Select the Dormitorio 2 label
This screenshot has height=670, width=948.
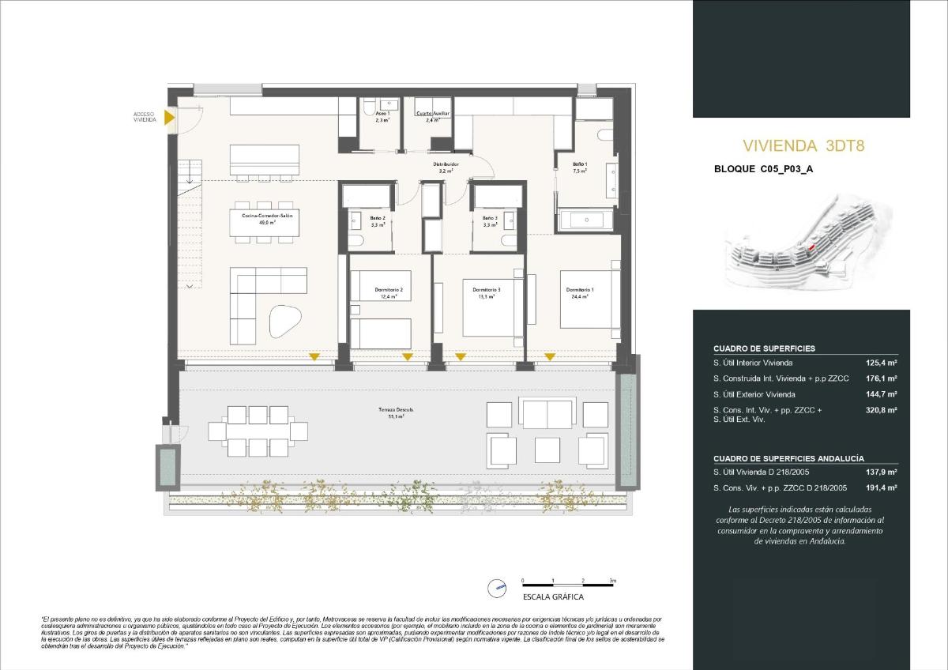coord(389,290)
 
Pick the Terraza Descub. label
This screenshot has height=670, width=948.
coord(396,410)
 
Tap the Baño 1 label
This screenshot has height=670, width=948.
coord(580,164)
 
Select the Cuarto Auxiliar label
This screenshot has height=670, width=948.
coord(433,114)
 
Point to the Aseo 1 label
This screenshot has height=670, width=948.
coord(382,114)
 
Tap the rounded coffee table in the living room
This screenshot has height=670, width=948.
coord(285,320)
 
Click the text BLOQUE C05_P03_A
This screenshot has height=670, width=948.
coord(762,169)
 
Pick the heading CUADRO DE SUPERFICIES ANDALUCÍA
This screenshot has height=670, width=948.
coord(788,458)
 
